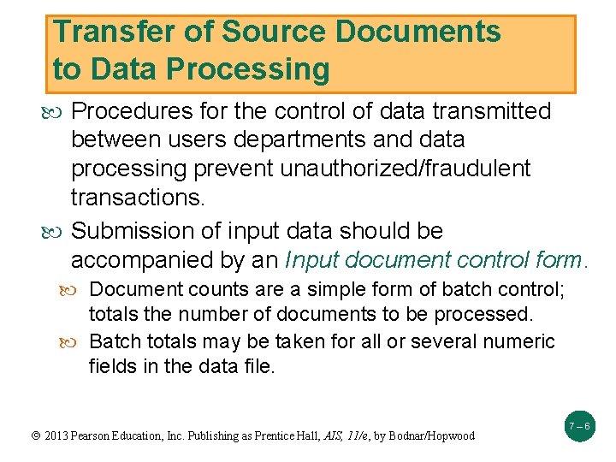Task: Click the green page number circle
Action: pyautogui.click(x=579, y=425)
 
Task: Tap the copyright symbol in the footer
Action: pyautogui.click(x=35, y=435)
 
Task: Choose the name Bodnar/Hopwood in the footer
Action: pyautogui.click(x=431, y=435)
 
